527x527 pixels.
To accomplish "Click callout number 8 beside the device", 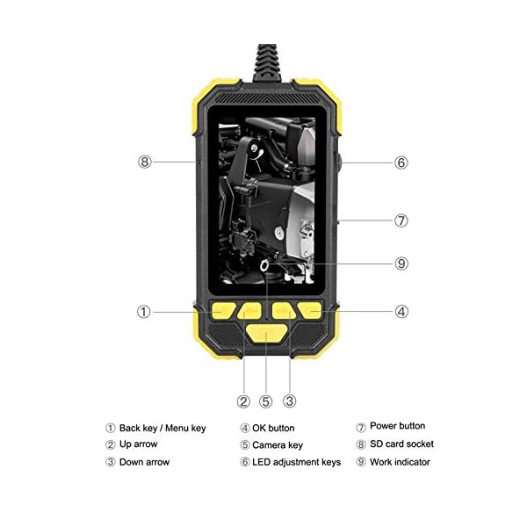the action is point(145,162).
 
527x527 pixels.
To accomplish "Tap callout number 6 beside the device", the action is point(401,162).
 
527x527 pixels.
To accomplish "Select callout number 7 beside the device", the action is point(401,220).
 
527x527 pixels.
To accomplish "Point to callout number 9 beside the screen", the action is point(401,263).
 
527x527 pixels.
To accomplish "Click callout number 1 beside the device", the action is point(143,311).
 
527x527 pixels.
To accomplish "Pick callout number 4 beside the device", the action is point(401,311).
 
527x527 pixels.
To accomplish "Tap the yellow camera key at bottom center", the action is point(265,331).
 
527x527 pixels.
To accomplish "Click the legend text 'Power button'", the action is point(397,426).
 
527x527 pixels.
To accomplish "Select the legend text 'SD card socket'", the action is point(401,444).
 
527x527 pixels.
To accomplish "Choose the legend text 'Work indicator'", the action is point(400,462).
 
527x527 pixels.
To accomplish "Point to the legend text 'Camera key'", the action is point(277,445).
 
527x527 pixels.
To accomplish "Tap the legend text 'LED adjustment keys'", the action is point(296,462).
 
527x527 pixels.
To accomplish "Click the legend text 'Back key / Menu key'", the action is point(162,428).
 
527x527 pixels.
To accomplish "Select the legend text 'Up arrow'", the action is point(139,444).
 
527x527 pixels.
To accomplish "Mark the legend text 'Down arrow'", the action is point(144,462).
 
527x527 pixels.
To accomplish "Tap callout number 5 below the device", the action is point(266,401).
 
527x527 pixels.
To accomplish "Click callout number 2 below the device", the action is point(243,401).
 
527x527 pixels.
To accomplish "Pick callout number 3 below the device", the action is point(289,401).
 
